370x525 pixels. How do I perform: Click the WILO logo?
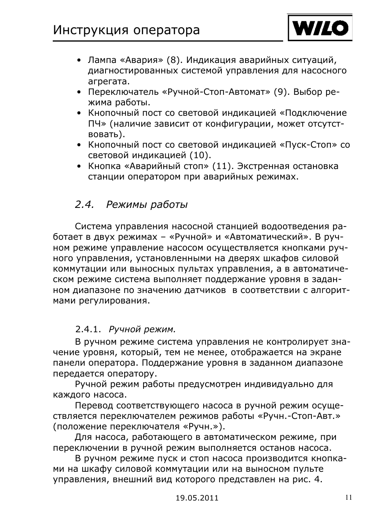320,28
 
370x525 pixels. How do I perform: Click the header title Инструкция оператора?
126,30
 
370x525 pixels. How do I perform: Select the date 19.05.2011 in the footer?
197,498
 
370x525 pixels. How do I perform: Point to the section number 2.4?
85,205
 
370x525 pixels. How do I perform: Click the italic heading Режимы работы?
147,205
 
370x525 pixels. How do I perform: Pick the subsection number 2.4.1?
88,330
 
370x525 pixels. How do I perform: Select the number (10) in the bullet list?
200,155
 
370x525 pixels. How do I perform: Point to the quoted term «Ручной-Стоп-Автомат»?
216,92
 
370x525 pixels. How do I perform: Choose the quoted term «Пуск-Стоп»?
308,145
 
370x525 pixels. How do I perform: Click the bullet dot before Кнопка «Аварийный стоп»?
79,167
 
